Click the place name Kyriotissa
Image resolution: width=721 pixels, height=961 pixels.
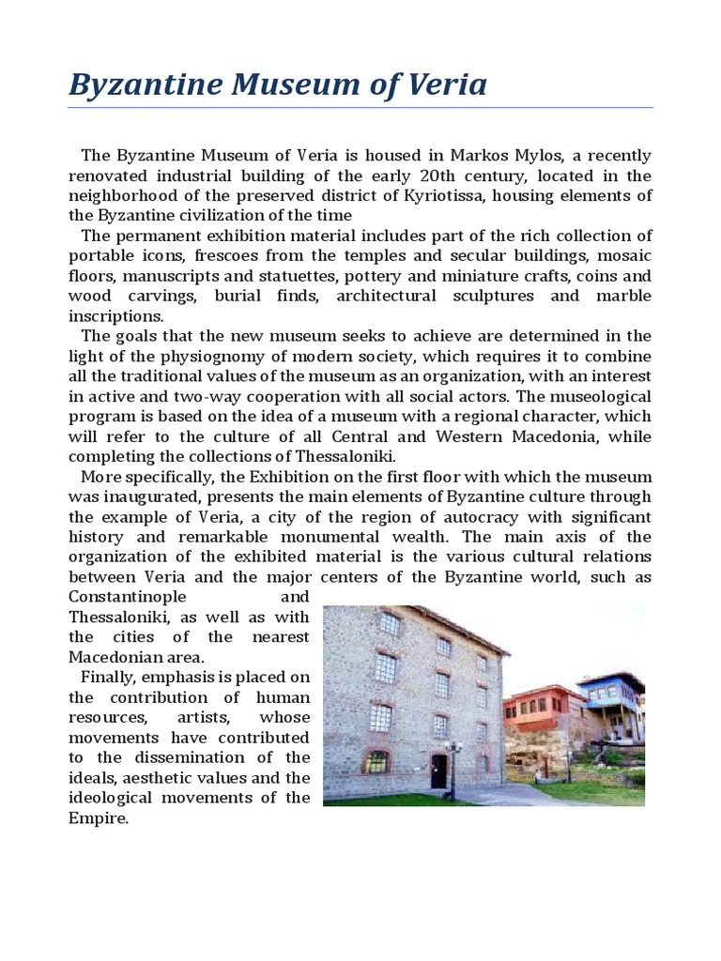[x=504, y=195]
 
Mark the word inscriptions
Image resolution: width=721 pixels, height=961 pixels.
[x=115, y=315]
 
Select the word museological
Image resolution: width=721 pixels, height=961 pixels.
[x=600, y=396]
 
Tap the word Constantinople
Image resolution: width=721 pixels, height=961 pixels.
[x=127, y=598]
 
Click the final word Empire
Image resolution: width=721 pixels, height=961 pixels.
[x=100, y=818]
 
